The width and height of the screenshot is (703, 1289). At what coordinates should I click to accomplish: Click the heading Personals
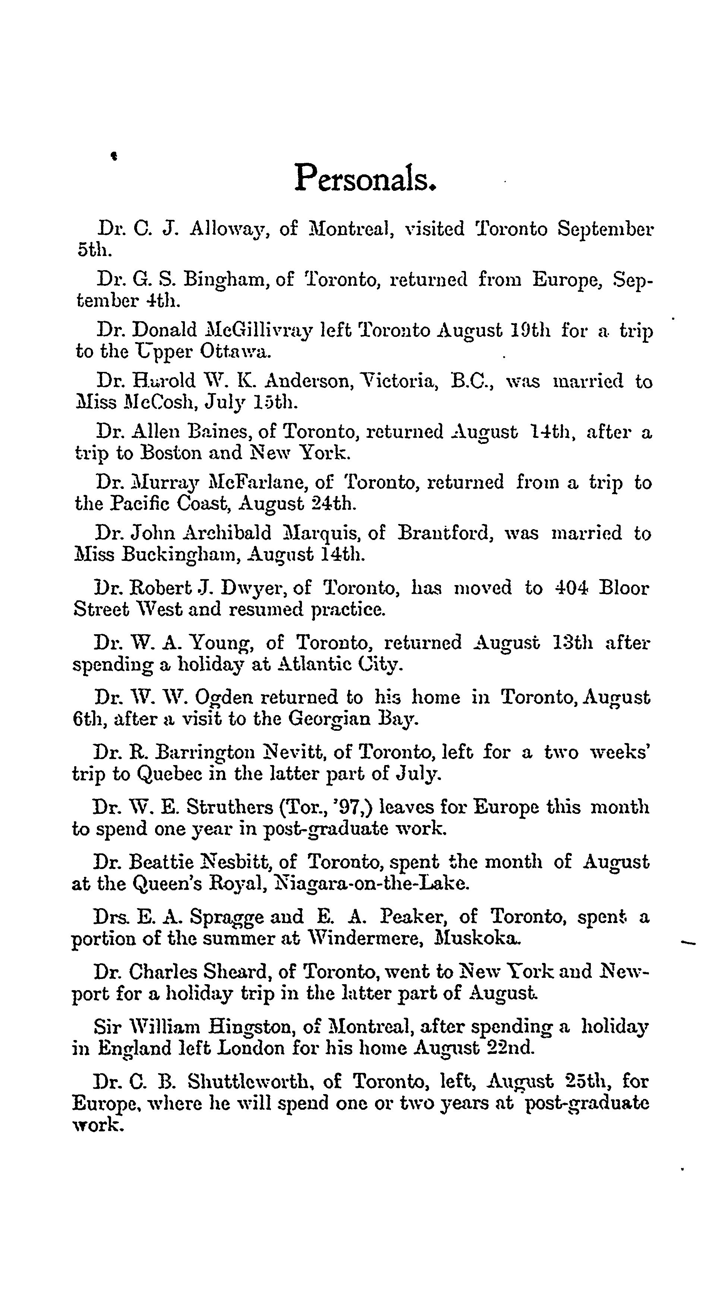366,178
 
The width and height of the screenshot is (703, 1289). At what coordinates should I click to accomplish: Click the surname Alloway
231,229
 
